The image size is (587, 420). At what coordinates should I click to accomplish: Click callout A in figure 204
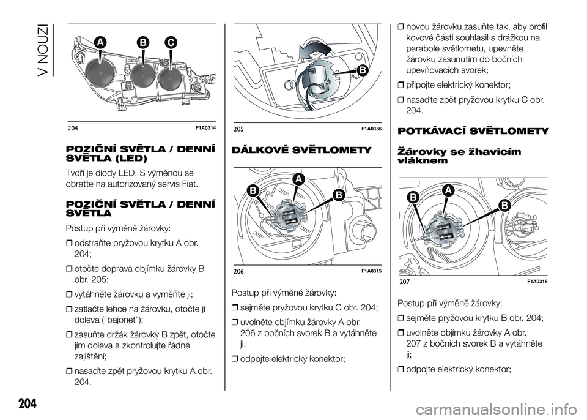tap(99, 41)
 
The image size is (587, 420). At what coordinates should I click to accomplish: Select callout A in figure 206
tap(299, 178)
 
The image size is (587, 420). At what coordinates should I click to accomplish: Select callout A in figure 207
tap(448, 192)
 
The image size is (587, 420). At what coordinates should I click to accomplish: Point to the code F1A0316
tap(536, 281)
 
